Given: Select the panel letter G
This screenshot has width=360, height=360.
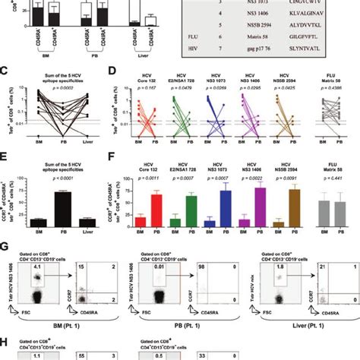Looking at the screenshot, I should point(5,247).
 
